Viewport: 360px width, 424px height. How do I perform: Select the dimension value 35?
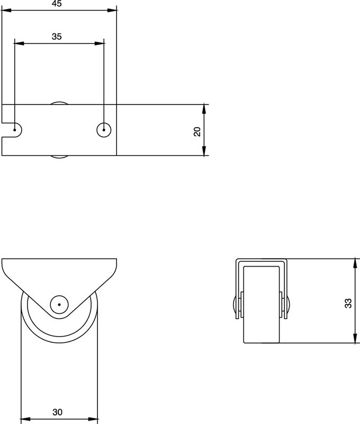click(57, 37)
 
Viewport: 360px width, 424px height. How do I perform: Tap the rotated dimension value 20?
click(197, 131)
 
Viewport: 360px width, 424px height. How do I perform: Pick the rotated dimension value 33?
click(347, 303)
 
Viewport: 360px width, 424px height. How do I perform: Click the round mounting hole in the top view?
click(104, 130)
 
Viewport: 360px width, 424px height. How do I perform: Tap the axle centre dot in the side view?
click(59, 305)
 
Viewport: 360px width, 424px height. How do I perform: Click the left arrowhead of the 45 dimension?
click(5, 10)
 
